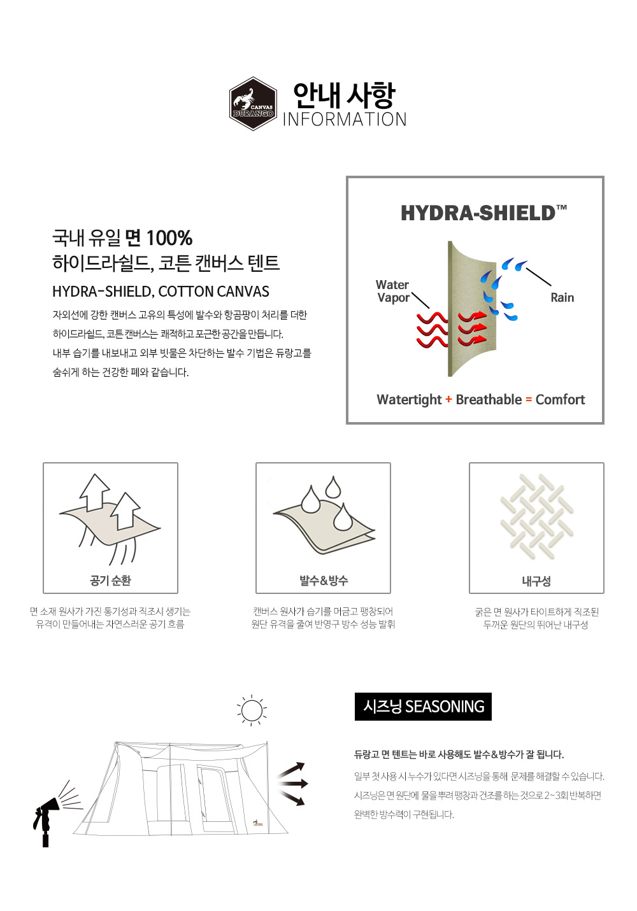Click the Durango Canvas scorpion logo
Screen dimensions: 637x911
253,104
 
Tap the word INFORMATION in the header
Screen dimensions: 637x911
345,120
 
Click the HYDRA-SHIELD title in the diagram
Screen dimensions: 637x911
483,213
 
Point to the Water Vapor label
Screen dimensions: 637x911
393,291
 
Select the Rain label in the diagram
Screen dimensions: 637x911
562,298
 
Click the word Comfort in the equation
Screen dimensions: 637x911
560,400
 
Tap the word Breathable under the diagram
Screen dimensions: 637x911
489,400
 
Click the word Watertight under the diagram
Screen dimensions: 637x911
409,400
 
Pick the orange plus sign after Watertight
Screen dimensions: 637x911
448,400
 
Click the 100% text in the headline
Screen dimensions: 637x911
169,238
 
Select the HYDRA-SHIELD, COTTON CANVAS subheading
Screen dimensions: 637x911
161,292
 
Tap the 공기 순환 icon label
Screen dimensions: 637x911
110,581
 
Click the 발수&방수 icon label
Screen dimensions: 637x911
324,581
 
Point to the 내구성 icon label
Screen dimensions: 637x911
536,581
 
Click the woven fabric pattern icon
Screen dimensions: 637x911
536,516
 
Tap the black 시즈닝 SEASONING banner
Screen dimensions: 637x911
423,707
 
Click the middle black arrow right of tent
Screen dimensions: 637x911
292,783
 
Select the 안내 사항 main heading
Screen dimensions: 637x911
345,95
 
